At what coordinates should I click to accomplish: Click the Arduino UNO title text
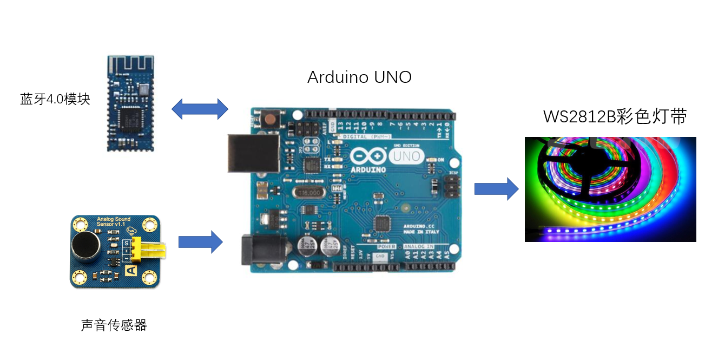(359, 77)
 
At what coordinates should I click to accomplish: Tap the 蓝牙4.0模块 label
(55, 100)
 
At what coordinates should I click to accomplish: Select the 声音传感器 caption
(114, 325)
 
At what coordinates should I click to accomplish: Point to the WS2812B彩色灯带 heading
(615, 117)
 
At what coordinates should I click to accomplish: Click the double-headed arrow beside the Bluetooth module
(200, 109)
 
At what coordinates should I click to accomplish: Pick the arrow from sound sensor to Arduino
(200, 241)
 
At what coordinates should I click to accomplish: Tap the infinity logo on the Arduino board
(368, 156)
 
